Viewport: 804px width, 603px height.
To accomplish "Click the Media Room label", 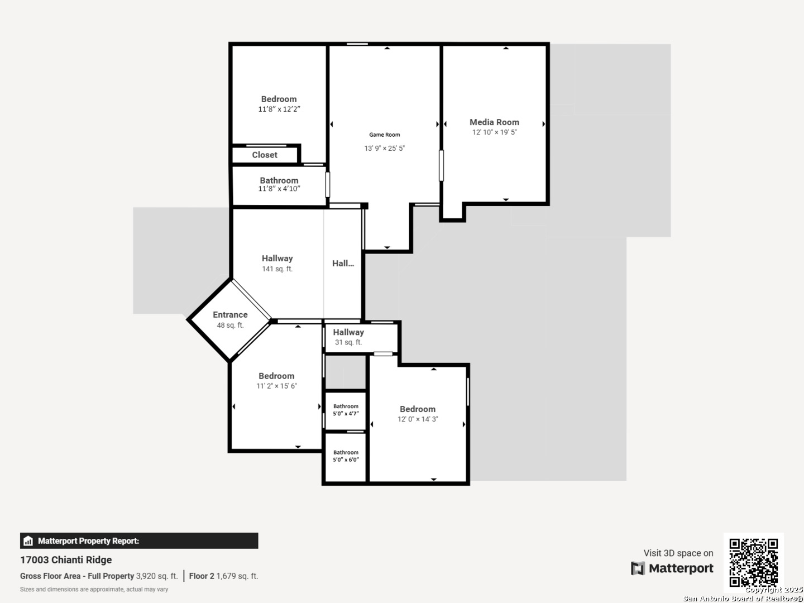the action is (494, 122).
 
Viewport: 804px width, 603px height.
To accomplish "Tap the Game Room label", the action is (384, 135).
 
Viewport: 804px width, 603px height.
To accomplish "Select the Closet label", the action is (265, 155).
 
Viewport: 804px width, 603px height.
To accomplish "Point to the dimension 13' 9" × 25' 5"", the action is (384, 149).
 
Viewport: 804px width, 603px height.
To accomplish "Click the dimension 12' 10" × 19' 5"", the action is (494, 132).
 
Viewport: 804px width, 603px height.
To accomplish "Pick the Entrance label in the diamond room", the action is (230, 314).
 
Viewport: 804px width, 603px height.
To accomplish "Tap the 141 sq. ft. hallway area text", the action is (277, 269).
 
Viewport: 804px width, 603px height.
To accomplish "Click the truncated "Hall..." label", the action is (343, 263).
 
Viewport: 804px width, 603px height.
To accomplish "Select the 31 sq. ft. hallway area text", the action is (348, 342).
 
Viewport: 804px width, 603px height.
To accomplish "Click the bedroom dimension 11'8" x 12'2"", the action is (279, 109).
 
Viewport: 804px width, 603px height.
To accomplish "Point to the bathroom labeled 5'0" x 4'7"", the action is (346, 410).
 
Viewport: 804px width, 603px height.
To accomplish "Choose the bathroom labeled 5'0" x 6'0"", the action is (346, 456).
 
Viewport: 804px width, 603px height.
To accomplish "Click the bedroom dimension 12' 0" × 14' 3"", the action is (418, 419).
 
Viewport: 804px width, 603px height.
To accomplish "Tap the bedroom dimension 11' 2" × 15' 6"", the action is (276, 386).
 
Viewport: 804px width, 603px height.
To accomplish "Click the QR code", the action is (753, 562).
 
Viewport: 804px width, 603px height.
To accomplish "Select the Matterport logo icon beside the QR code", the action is (638, 568).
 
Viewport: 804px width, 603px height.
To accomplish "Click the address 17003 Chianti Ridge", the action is (66, 560).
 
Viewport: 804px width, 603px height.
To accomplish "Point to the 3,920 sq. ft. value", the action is (157, 576).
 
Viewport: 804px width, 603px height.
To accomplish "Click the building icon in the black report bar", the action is (28, 541).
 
